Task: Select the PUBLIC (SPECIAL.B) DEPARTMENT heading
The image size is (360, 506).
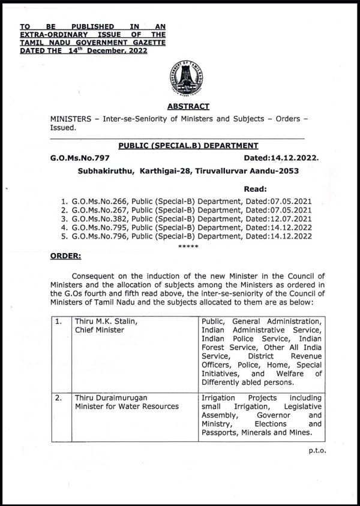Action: pyautogui.click(x=188, y=146)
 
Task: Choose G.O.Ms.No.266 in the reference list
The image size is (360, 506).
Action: pyautogui.click(x=100, y=201)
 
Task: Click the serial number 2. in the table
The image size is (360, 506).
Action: pyautogui.click(x=59, y=398)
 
